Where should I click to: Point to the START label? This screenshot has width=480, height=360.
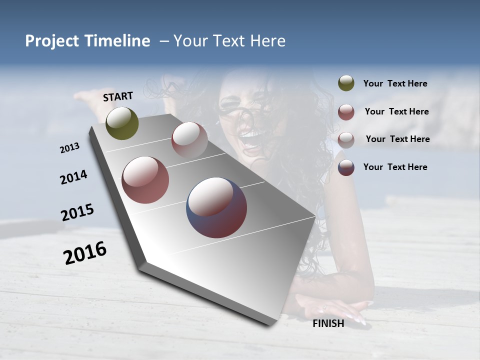tap(118, 96)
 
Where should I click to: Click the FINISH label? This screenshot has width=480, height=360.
tap(328, 323)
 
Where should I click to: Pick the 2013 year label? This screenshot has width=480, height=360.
tap(70, 147)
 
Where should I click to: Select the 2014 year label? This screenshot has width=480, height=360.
tap(73, 177)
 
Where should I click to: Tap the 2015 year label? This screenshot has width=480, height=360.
tap(77, 212)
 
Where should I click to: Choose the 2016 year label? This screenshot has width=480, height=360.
tap(85, 253)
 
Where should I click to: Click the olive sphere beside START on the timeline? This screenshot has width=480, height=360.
tap(122, 123)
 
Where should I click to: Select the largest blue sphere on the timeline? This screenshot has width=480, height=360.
tap(216, 207)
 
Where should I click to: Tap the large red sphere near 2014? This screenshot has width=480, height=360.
tap(145, 180)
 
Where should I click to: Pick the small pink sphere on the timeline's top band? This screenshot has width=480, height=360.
tap(189, 140)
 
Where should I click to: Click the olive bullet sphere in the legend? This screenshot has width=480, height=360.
tap(346, 83)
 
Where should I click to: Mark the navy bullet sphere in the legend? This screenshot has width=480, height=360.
tap(346, 167)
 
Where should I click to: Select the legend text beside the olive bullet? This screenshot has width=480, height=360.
tap(395, 83)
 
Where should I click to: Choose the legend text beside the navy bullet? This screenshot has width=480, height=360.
tap(395, 167)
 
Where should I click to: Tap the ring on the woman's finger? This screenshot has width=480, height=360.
tap(325, 307)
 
